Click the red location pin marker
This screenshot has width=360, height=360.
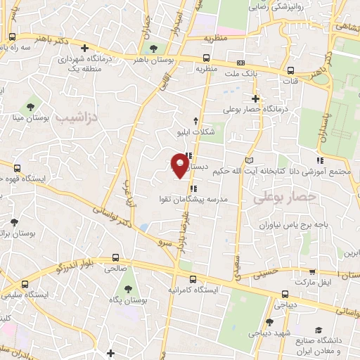(181, 166)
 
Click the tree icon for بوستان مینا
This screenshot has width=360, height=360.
(30, 108)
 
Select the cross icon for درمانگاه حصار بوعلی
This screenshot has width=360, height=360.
(256, 98)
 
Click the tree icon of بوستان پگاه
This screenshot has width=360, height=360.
(128, 290)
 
